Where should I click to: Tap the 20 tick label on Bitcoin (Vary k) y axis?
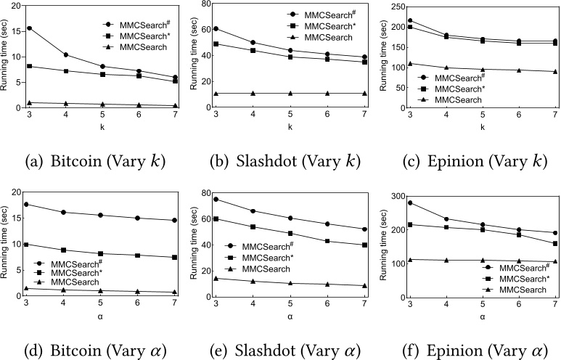17,6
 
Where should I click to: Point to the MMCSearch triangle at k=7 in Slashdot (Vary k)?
364,93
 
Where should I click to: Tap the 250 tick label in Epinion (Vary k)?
395,6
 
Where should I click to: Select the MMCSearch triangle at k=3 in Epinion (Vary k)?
410,64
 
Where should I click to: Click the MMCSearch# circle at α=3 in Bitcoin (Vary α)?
27,204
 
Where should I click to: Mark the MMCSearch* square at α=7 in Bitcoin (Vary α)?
172,257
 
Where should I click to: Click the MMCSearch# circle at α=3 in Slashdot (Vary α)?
219,199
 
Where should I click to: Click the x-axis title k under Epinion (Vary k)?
483,126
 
